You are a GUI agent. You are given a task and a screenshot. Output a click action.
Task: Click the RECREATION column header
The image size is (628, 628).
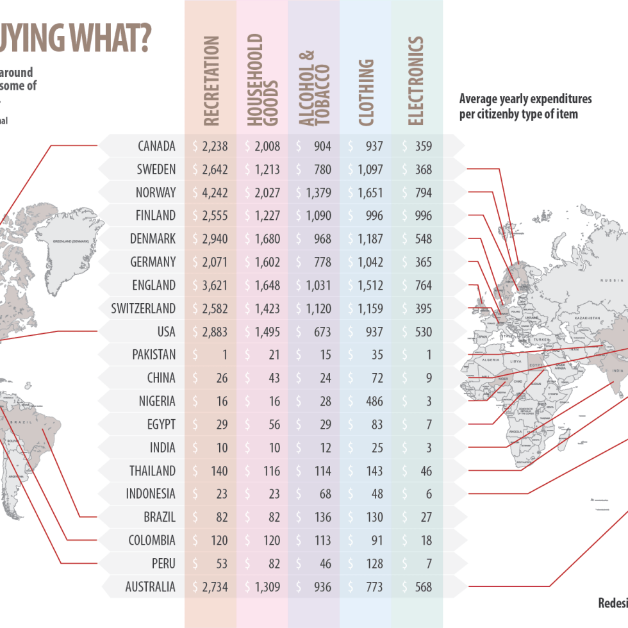(x=211, y=81)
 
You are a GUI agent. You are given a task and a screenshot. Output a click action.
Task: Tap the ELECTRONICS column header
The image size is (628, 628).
(x=416, y=81)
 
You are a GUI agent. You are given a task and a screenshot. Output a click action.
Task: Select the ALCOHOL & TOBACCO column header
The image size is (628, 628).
(x=314, y=87)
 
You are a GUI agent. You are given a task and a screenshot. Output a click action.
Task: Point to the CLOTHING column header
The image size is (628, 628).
(x=366, y=92)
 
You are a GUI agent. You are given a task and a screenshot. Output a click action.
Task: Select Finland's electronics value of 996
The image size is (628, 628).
(x=423, y=216)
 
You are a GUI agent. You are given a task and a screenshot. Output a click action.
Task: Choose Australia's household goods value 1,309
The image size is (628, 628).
(x=267, y=587)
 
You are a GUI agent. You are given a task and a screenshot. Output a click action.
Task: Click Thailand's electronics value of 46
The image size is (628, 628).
(x=425, y=471)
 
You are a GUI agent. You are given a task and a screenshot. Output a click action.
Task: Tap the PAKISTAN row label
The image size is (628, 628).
(x=154, y=355)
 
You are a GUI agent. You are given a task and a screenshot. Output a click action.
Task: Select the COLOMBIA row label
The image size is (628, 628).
(x=152, y=540)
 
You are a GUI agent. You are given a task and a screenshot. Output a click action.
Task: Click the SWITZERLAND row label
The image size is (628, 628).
(x=143, y=309)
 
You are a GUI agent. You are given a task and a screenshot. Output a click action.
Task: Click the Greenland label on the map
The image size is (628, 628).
(x=70, y=241)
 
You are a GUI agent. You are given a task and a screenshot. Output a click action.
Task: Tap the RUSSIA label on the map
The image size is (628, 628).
(x=611, y=281)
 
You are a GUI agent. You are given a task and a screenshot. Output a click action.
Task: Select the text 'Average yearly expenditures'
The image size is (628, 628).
(x=525, y=99)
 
